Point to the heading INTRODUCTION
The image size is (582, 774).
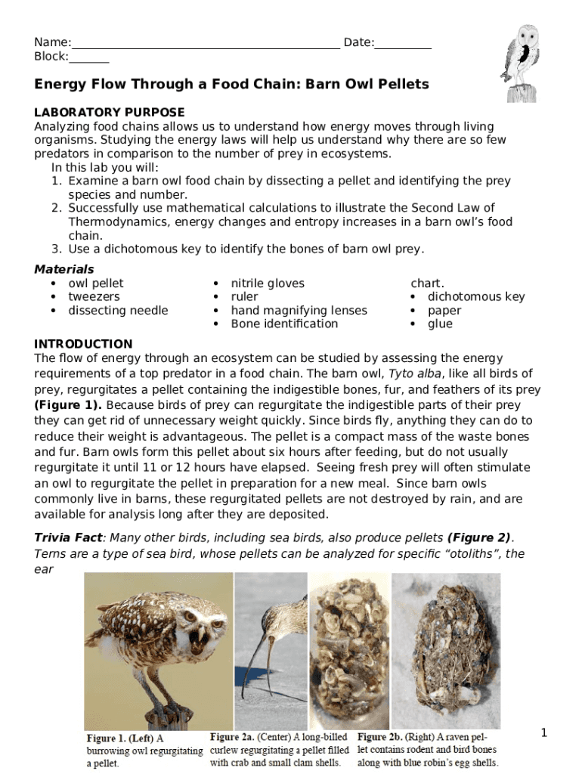[x=83, y=344]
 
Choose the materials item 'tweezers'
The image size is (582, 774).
[x=94, y=297]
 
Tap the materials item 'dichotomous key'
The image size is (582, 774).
[x=475, y=297]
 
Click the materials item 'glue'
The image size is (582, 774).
[x=440, y=324]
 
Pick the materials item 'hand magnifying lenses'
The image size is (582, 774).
[x=299, y=311]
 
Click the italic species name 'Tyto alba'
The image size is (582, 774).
[x=413, y=374]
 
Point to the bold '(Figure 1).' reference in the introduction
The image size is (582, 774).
[x=69, y=405]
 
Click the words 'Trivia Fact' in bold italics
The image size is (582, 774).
[x=68, y=538]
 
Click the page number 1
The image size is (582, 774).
[x=543, y=732]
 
